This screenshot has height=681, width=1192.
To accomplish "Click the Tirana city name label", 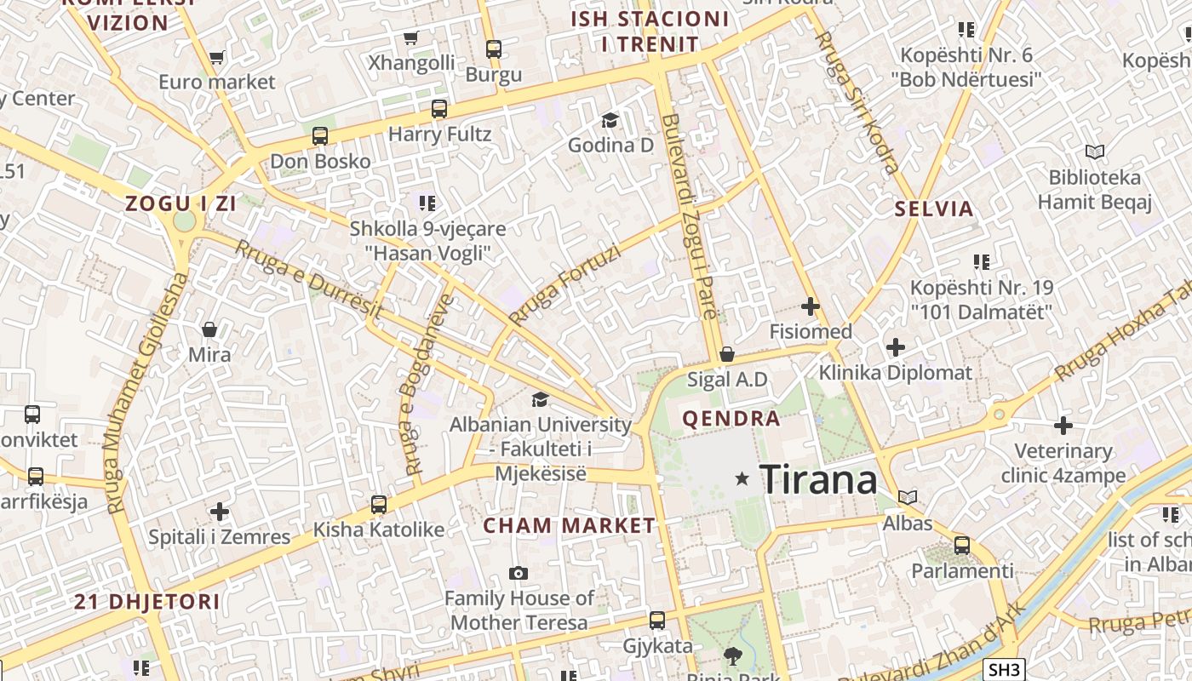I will [x=817, y=480].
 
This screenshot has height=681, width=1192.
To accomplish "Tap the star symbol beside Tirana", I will [x=742, y=479].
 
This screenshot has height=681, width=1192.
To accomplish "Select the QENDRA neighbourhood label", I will [x=731, y=418].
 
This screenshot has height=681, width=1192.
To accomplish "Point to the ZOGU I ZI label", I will [x=181, y=203].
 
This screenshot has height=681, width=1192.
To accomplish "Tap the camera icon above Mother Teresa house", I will [x=518, y=573].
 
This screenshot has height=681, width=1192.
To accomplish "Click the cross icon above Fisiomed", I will [x=810, y=306].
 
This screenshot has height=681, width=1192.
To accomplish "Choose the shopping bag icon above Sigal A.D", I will [x=726, y=354].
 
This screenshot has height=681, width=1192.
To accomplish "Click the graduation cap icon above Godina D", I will [x=610, y=120].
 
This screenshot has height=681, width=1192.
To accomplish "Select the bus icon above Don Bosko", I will [x=320, y=135].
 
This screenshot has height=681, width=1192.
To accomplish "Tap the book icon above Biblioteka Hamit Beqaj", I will [x=1094, y=152].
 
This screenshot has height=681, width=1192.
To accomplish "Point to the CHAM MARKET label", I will [x=569, y=526].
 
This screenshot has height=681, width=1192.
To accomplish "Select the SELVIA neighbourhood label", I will [x=933, y=209].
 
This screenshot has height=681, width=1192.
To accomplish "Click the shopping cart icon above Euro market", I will [x=216, y=58].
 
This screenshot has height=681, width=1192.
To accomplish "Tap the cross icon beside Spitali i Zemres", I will [x=220, y=512].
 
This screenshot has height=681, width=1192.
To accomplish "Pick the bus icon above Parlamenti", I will [x=961, y=545].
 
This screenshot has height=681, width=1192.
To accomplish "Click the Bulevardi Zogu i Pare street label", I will [x=690, y=217].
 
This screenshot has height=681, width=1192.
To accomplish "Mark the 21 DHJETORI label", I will [x=146, y=603].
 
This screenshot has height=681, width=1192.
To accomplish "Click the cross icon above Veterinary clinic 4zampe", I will [x=1063, y=425].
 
